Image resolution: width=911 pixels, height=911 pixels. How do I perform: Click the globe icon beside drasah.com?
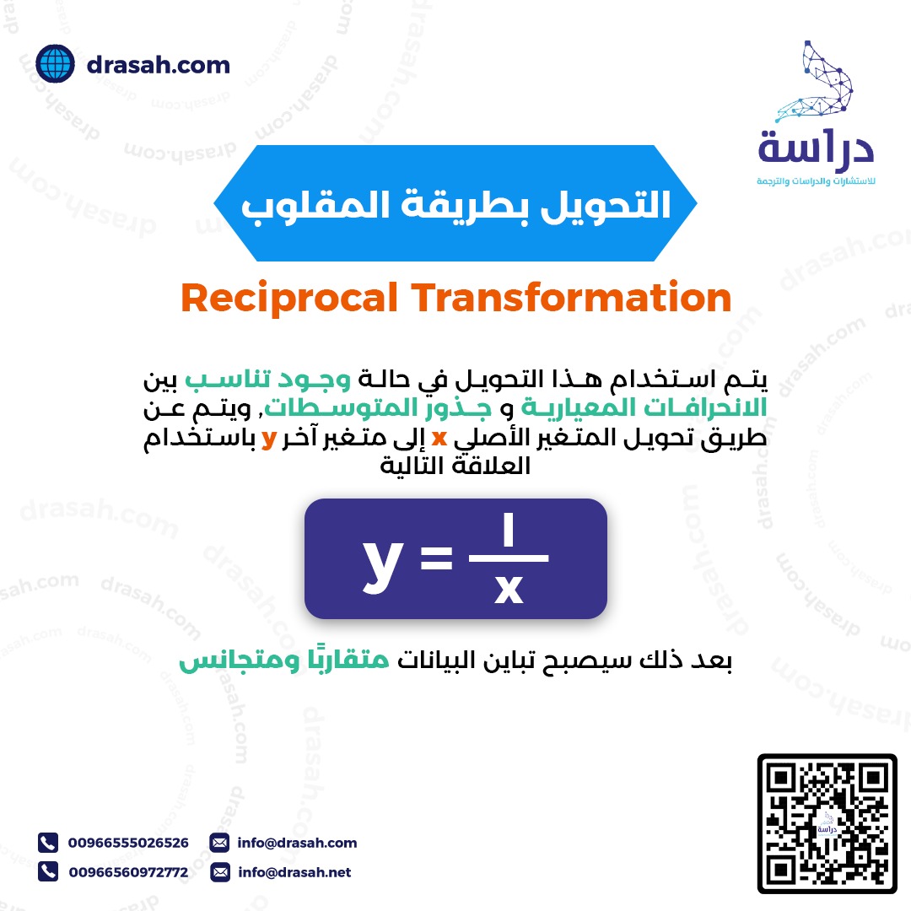point(55,64)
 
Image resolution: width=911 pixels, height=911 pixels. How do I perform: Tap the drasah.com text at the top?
point(158,65)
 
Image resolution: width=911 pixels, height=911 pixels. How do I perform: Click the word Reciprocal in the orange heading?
point(289,299)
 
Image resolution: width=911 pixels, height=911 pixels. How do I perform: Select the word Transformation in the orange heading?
point(572,297)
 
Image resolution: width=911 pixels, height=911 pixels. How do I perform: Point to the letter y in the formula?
point(383,563)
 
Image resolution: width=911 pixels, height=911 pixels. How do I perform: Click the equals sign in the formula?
point(436,558)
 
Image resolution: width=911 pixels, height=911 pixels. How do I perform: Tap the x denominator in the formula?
point(509,589)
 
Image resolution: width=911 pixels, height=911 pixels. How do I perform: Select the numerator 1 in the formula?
point(509,529)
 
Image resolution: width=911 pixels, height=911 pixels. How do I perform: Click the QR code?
point(827,823)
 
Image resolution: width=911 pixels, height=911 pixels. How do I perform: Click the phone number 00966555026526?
point(128,843)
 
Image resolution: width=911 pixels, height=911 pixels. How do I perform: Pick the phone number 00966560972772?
point(128,872)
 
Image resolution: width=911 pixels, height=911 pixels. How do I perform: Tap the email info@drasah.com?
point(297,843)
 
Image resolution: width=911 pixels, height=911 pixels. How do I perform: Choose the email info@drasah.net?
point(294,872)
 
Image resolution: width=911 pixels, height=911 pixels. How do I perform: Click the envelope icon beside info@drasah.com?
point(219,843)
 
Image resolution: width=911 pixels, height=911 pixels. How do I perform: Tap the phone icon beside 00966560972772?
point(48,871)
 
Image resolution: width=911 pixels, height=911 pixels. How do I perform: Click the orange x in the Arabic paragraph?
point(439,438)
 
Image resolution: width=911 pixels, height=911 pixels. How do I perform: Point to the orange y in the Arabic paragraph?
point(268,439)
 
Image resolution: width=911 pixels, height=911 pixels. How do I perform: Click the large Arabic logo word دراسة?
point(816,148)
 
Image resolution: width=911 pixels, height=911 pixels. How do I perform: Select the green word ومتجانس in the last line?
point(240,661)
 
